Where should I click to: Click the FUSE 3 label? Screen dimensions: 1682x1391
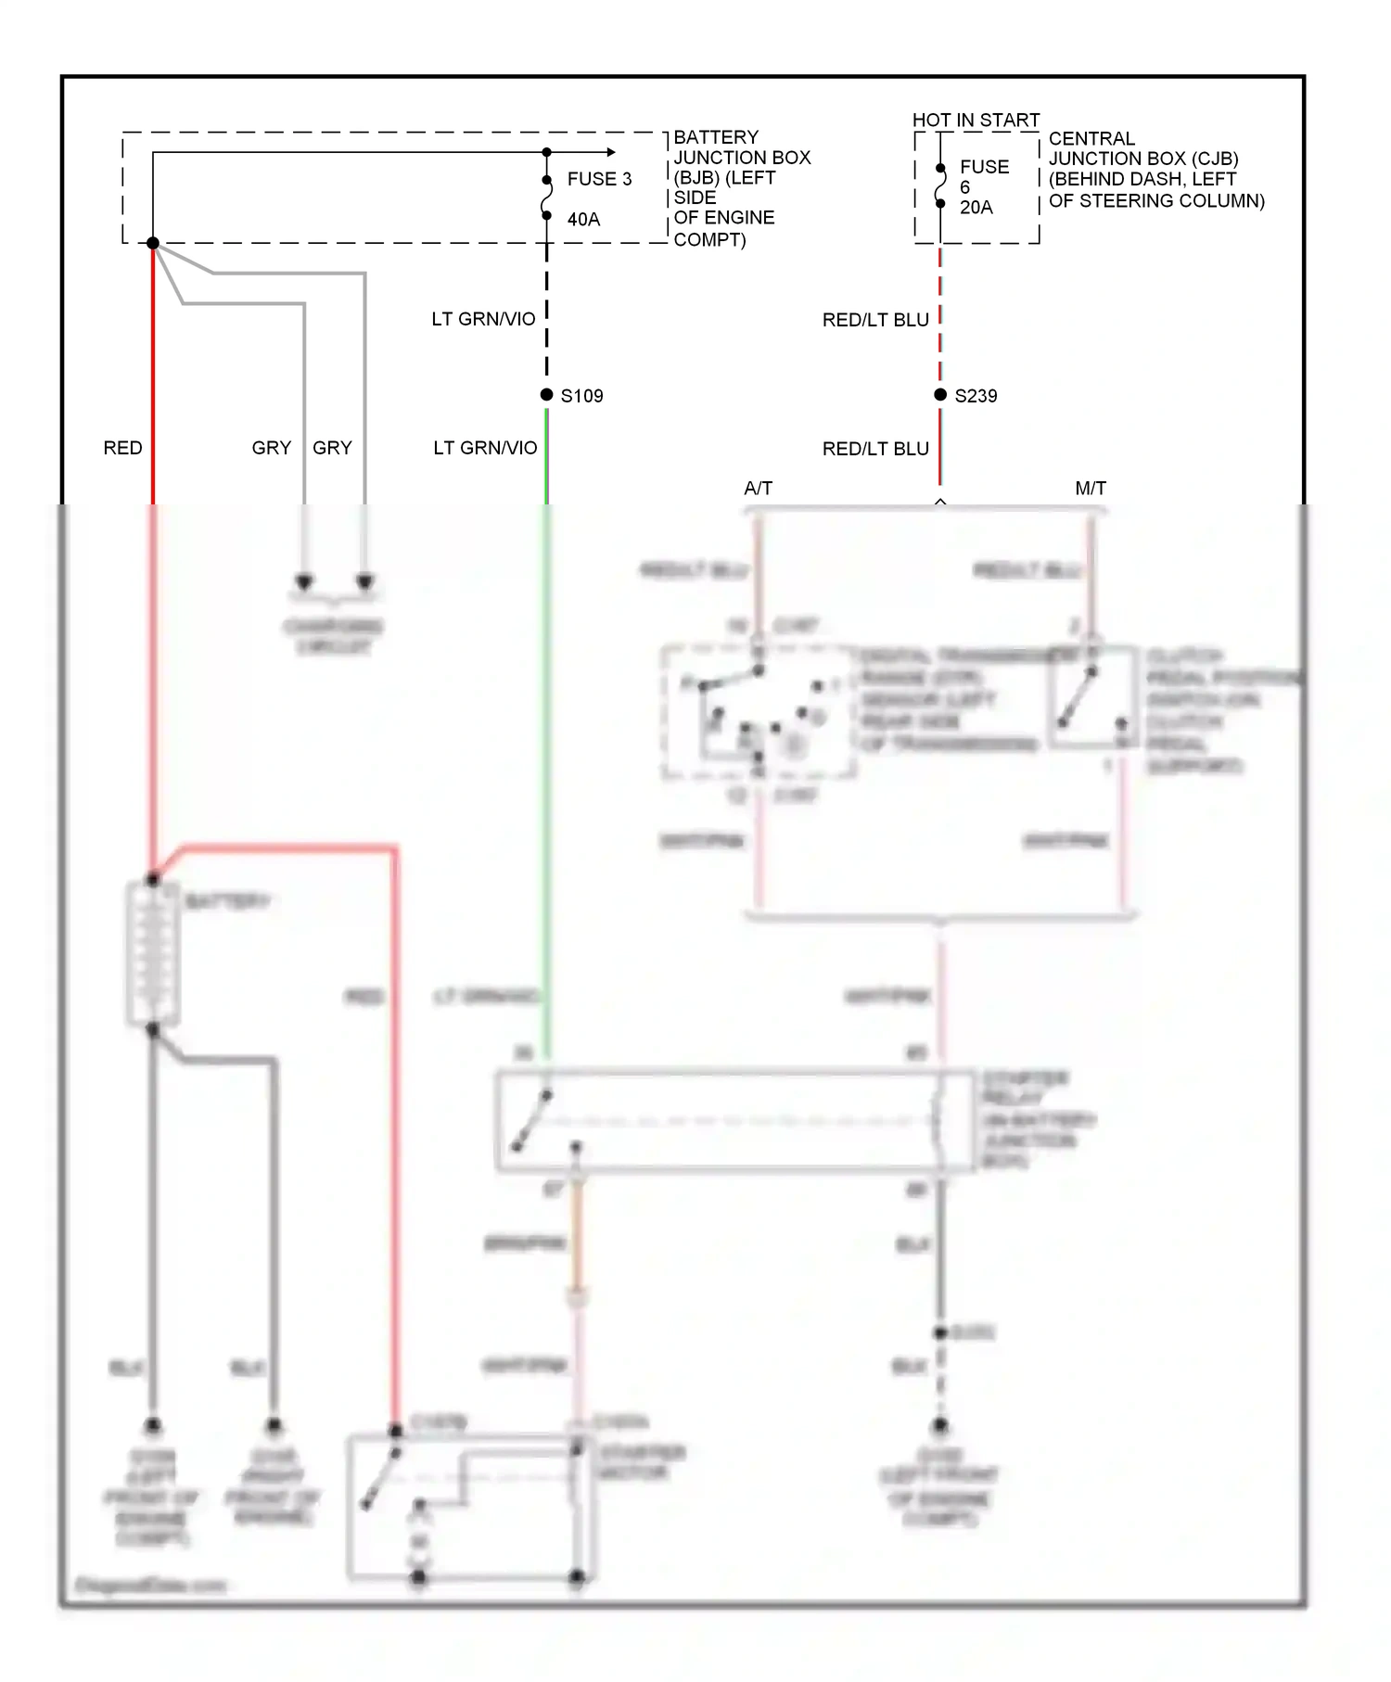click(599, 179)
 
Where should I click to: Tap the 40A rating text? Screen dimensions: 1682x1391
click(583, 220)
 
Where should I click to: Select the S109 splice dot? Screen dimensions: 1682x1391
click(547, 395)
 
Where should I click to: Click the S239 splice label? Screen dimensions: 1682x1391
click(976, 396)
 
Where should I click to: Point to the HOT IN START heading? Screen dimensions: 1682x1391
click(976, 121)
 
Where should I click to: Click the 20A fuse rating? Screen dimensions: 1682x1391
click(976, 208)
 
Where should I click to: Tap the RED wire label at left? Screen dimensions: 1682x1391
click(122, 448)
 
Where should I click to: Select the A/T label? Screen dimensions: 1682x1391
click(758, 488)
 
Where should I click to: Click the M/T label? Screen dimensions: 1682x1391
click(1091, 488)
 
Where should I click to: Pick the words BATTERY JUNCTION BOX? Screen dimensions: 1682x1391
click(741, 147)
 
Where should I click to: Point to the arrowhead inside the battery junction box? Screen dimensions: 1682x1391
click(609, 152)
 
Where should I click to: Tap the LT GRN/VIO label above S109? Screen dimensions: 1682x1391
click(483, 319)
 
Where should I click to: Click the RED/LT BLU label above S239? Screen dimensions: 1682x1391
click(875, 320)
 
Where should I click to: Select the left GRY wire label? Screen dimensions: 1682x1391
click(271, 448)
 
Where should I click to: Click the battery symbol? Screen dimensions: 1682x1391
click(153, 953)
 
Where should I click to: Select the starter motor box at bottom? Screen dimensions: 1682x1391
click(468, 1507)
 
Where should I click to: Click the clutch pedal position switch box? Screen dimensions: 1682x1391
click(1092, 697)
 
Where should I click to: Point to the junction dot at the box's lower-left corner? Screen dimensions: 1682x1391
click(153, 243)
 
